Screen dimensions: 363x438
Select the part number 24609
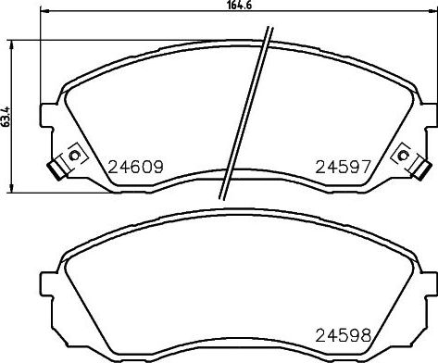[135, 169]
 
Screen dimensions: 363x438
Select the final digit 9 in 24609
[158, 169]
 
